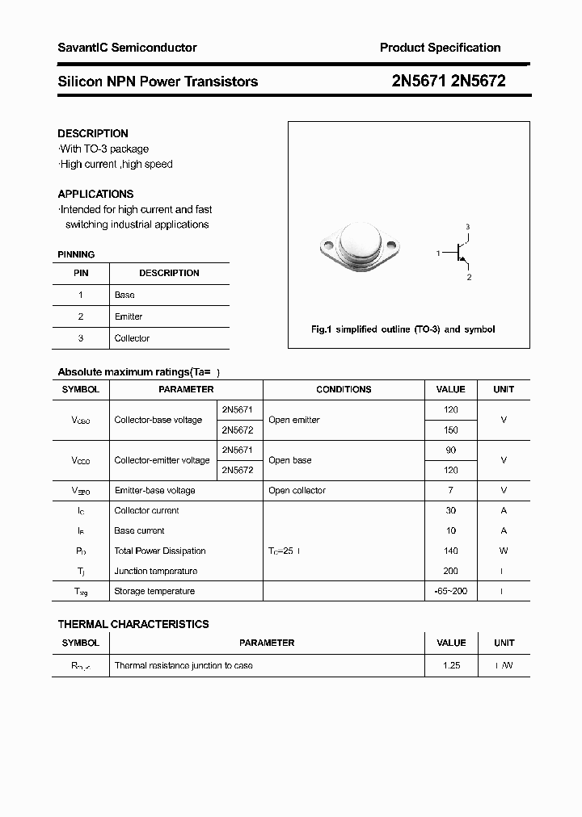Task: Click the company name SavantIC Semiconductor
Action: [x=127, y=48]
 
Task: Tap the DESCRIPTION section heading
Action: [x=93, y=133]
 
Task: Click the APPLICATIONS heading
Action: [x=95, y=194]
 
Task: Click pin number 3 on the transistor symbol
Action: [x=467, y=227]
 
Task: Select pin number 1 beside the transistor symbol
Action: [x=437, y=253]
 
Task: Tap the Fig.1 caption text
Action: [x=403, y=329]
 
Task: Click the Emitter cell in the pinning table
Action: [x=129, y=316]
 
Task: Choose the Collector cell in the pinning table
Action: [x=132, y=338]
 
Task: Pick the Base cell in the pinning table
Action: [x=124, y=295]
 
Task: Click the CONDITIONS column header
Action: [x=344, y=389]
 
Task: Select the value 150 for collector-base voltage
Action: [x=451, y=430]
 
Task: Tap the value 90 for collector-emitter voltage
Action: [x=451, y=450]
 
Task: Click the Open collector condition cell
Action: [x=297, y=490]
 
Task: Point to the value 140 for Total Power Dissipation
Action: [x=451, y=551]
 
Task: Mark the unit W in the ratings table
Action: [x=504, y=551]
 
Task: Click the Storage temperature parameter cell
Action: [x=154, y=591]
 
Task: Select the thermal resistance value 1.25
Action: [x=451, y=665]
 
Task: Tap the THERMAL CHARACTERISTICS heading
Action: [x=133, y=624]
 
